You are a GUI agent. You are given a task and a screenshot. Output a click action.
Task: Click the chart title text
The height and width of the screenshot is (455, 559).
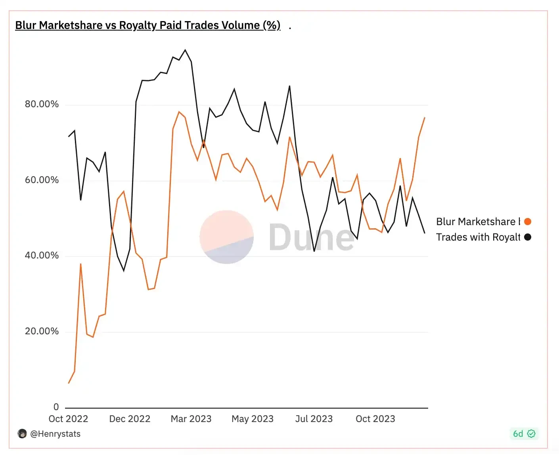point(147,25)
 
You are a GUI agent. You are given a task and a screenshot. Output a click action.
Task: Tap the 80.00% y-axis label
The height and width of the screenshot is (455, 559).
point(42,104)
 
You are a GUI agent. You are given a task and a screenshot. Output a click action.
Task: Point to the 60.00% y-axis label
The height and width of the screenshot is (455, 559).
point(42,180)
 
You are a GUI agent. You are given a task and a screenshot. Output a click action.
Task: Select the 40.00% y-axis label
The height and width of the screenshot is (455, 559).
point(42,255)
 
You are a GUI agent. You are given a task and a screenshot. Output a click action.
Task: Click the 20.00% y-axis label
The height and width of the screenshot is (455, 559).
point(42,331)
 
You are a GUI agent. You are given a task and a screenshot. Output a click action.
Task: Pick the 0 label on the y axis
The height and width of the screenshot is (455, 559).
point(56,407)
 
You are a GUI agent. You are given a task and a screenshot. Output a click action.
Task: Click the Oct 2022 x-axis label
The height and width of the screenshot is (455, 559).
point(68,419)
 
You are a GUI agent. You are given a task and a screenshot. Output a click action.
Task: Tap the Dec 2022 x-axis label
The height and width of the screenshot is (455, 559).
point(130,419)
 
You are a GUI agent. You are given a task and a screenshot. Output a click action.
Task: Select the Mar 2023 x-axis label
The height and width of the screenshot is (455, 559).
point(191,419)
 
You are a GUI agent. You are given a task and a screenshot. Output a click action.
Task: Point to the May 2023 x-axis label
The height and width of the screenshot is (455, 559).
point(253,419)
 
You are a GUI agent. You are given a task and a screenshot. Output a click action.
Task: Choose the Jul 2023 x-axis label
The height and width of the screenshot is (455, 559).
point(314,419)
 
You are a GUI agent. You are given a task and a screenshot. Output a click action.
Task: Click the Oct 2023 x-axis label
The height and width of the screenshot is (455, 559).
point(375,419)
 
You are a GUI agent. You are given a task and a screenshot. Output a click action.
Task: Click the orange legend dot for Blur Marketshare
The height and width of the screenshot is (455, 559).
point(528,222)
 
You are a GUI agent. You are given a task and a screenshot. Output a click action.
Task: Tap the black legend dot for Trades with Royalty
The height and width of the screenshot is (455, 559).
point(528,237)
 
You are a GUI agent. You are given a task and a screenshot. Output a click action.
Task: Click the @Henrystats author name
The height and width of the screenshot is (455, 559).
point(55,434)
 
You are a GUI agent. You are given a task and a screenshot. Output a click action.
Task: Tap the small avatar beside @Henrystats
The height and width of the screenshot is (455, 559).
point(22,434)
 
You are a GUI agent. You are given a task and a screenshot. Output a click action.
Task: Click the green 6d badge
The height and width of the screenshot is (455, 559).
point(524,434)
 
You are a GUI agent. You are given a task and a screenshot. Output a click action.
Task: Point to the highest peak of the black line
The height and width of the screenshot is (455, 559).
point(185,50)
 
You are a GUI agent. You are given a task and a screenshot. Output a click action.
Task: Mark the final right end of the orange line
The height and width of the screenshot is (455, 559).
point(425,118)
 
